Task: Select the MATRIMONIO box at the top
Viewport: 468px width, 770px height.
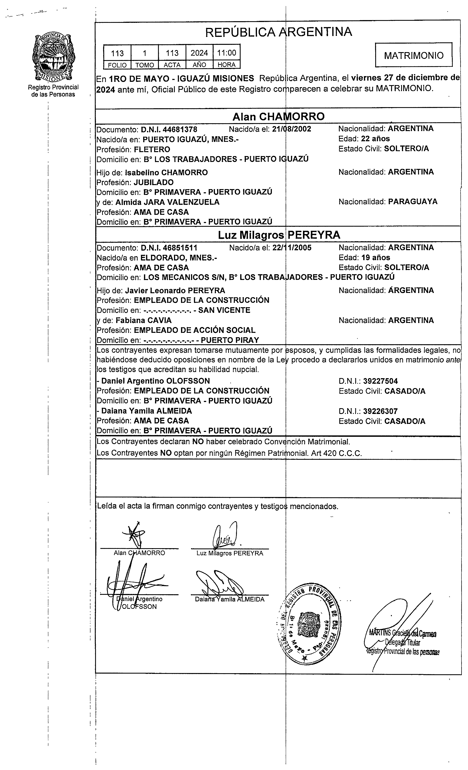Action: [414, 55]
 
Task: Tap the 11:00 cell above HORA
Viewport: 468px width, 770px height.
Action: [226, 53]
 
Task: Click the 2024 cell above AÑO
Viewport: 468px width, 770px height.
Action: [199, 53]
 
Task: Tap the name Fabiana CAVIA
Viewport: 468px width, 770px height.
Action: [144, 320]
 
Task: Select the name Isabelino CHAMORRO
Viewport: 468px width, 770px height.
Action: [166, 172]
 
